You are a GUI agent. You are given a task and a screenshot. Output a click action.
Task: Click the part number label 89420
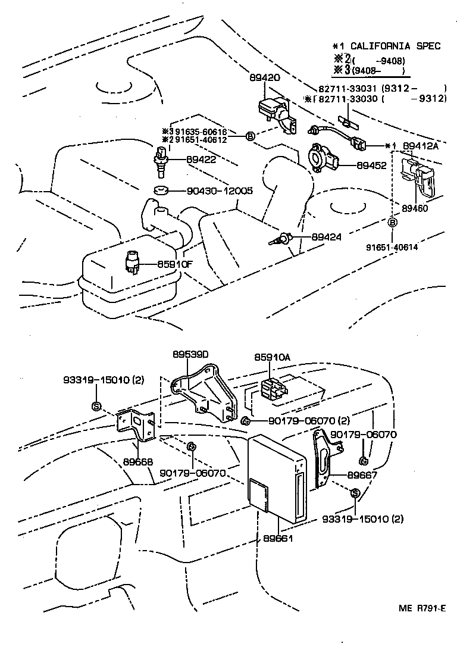coord(264,78)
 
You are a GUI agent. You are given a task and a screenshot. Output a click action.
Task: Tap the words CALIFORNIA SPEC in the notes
coord(395,46)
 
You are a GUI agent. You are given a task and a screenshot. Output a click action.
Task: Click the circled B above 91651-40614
coord(393,223)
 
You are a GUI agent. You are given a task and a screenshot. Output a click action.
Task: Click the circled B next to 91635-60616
coord(251,136)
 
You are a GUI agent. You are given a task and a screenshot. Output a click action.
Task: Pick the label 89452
coord(372,165)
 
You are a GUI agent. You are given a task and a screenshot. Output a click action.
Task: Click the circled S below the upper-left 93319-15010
coord(96,406)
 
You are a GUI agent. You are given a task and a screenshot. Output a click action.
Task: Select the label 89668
coord(138,461)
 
